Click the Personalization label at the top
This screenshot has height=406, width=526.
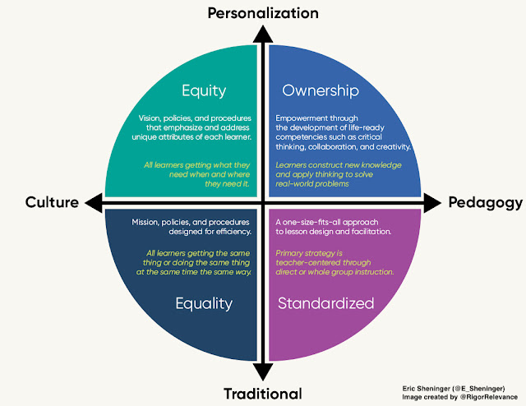pyautogui.click(x=262, y=12)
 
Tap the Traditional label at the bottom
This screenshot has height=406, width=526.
pyautogui.click(x=262, y=393)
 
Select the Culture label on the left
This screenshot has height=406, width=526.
pyautogui.click(x=51, y=202)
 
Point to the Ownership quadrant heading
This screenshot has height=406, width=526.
pyautogui.click(x=319, y=90)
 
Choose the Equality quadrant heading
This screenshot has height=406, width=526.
pyautogui.click(x=205, y=303)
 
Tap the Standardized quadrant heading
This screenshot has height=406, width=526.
pyautogui.click(x=326, y=303)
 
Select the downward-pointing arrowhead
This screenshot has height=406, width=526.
pyautogui.click(x=262, y=371)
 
